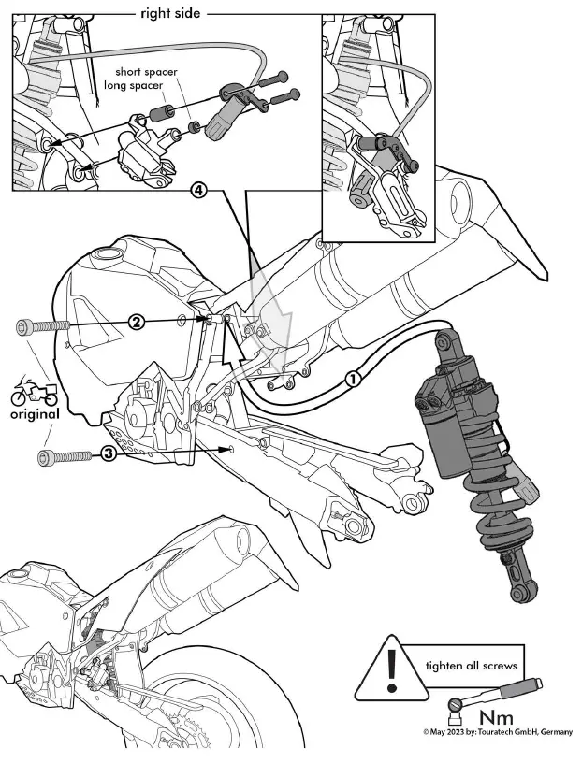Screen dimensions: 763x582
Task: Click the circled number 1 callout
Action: click(353, 380)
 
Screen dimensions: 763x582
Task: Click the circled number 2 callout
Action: click(137, 322)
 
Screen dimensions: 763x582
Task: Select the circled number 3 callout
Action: click(109, 454)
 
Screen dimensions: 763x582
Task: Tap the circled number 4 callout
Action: click(197, 190)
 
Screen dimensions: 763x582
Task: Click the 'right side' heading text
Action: click(171, 13)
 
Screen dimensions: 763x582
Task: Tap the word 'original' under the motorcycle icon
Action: click(34, 413)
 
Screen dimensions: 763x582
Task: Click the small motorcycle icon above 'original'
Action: click(34, 391)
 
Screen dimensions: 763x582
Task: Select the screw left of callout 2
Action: click(43, 326)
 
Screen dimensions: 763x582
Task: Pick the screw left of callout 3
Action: click(65, 457)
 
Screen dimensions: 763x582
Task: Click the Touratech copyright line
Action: click(497, 733)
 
